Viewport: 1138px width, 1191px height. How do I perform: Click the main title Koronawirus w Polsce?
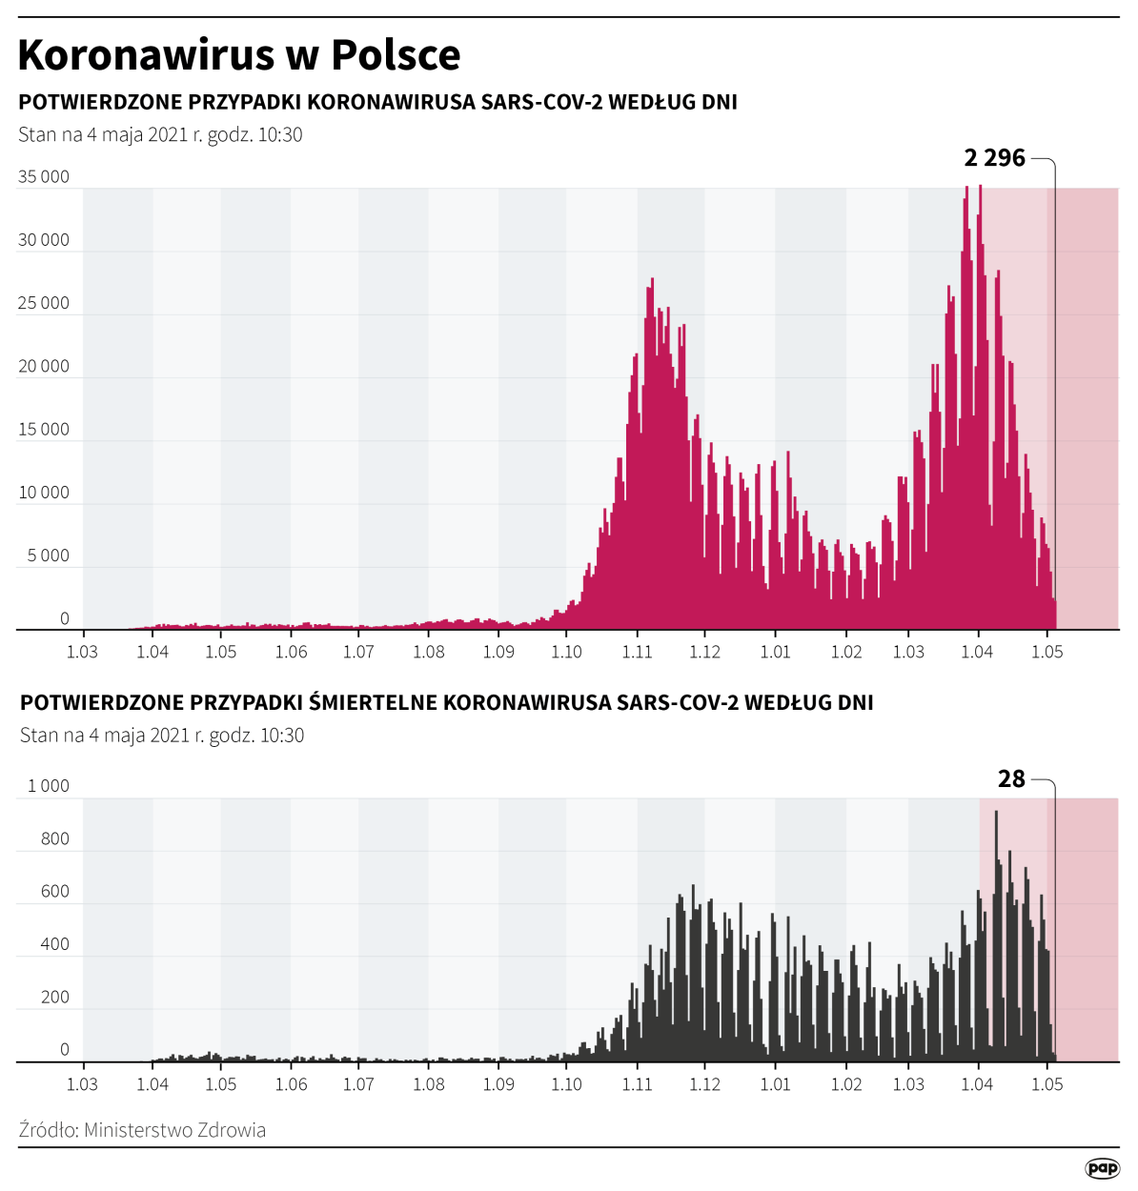239,54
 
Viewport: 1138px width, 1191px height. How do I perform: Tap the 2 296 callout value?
994,158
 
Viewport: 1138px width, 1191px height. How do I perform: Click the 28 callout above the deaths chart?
1011,779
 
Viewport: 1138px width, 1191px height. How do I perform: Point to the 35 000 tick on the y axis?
44,176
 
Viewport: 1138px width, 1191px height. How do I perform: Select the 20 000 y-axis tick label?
44,366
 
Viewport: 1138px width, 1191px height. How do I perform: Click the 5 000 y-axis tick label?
48,555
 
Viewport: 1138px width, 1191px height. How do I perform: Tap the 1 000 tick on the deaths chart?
49,786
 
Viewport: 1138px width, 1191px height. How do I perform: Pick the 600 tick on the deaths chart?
55,892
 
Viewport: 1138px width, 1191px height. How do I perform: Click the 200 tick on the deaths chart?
55,998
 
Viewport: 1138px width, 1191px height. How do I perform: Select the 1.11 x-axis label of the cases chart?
637,653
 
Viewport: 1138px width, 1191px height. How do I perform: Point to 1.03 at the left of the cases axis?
82,653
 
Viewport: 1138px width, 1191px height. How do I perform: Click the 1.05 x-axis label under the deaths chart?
1047,1084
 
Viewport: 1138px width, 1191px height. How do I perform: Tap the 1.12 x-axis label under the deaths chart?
704,1084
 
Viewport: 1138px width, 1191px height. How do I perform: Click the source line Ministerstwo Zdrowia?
142,1130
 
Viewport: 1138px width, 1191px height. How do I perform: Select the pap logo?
1102,1168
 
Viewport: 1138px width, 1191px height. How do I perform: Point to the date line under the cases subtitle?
160,134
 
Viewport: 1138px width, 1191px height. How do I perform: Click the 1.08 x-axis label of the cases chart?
428,653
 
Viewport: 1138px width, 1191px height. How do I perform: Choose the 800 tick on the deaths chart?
55,839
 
